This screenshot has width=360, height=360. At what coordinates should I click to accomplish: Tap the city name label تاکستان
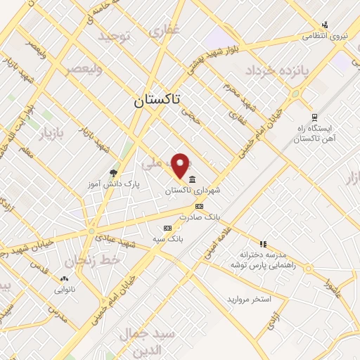pyautogui.click(x=157, y=101)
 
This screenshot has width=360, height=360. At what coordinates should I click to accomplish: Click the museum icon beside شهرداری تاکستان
pyautogui.click(x=193, y=179)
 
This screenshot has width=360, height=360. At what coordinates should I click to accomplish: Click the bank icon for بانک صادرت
pyautogui.click(x=200, y=207)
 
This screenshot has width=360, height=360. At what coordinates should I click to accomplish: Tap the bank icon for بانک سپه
pyautogui.click(x=167, y=228)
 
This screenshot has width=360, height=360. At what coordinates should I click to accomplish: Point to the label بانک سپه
pyautogui.click(x=168, y=239)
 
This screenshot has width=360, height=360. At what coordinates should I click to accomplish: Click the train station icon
pyautogui.click(x=314, y=118)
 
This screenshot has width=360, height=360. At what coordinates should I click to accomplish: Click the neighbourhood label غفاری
pyautogui.click(x=167, y=30)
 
